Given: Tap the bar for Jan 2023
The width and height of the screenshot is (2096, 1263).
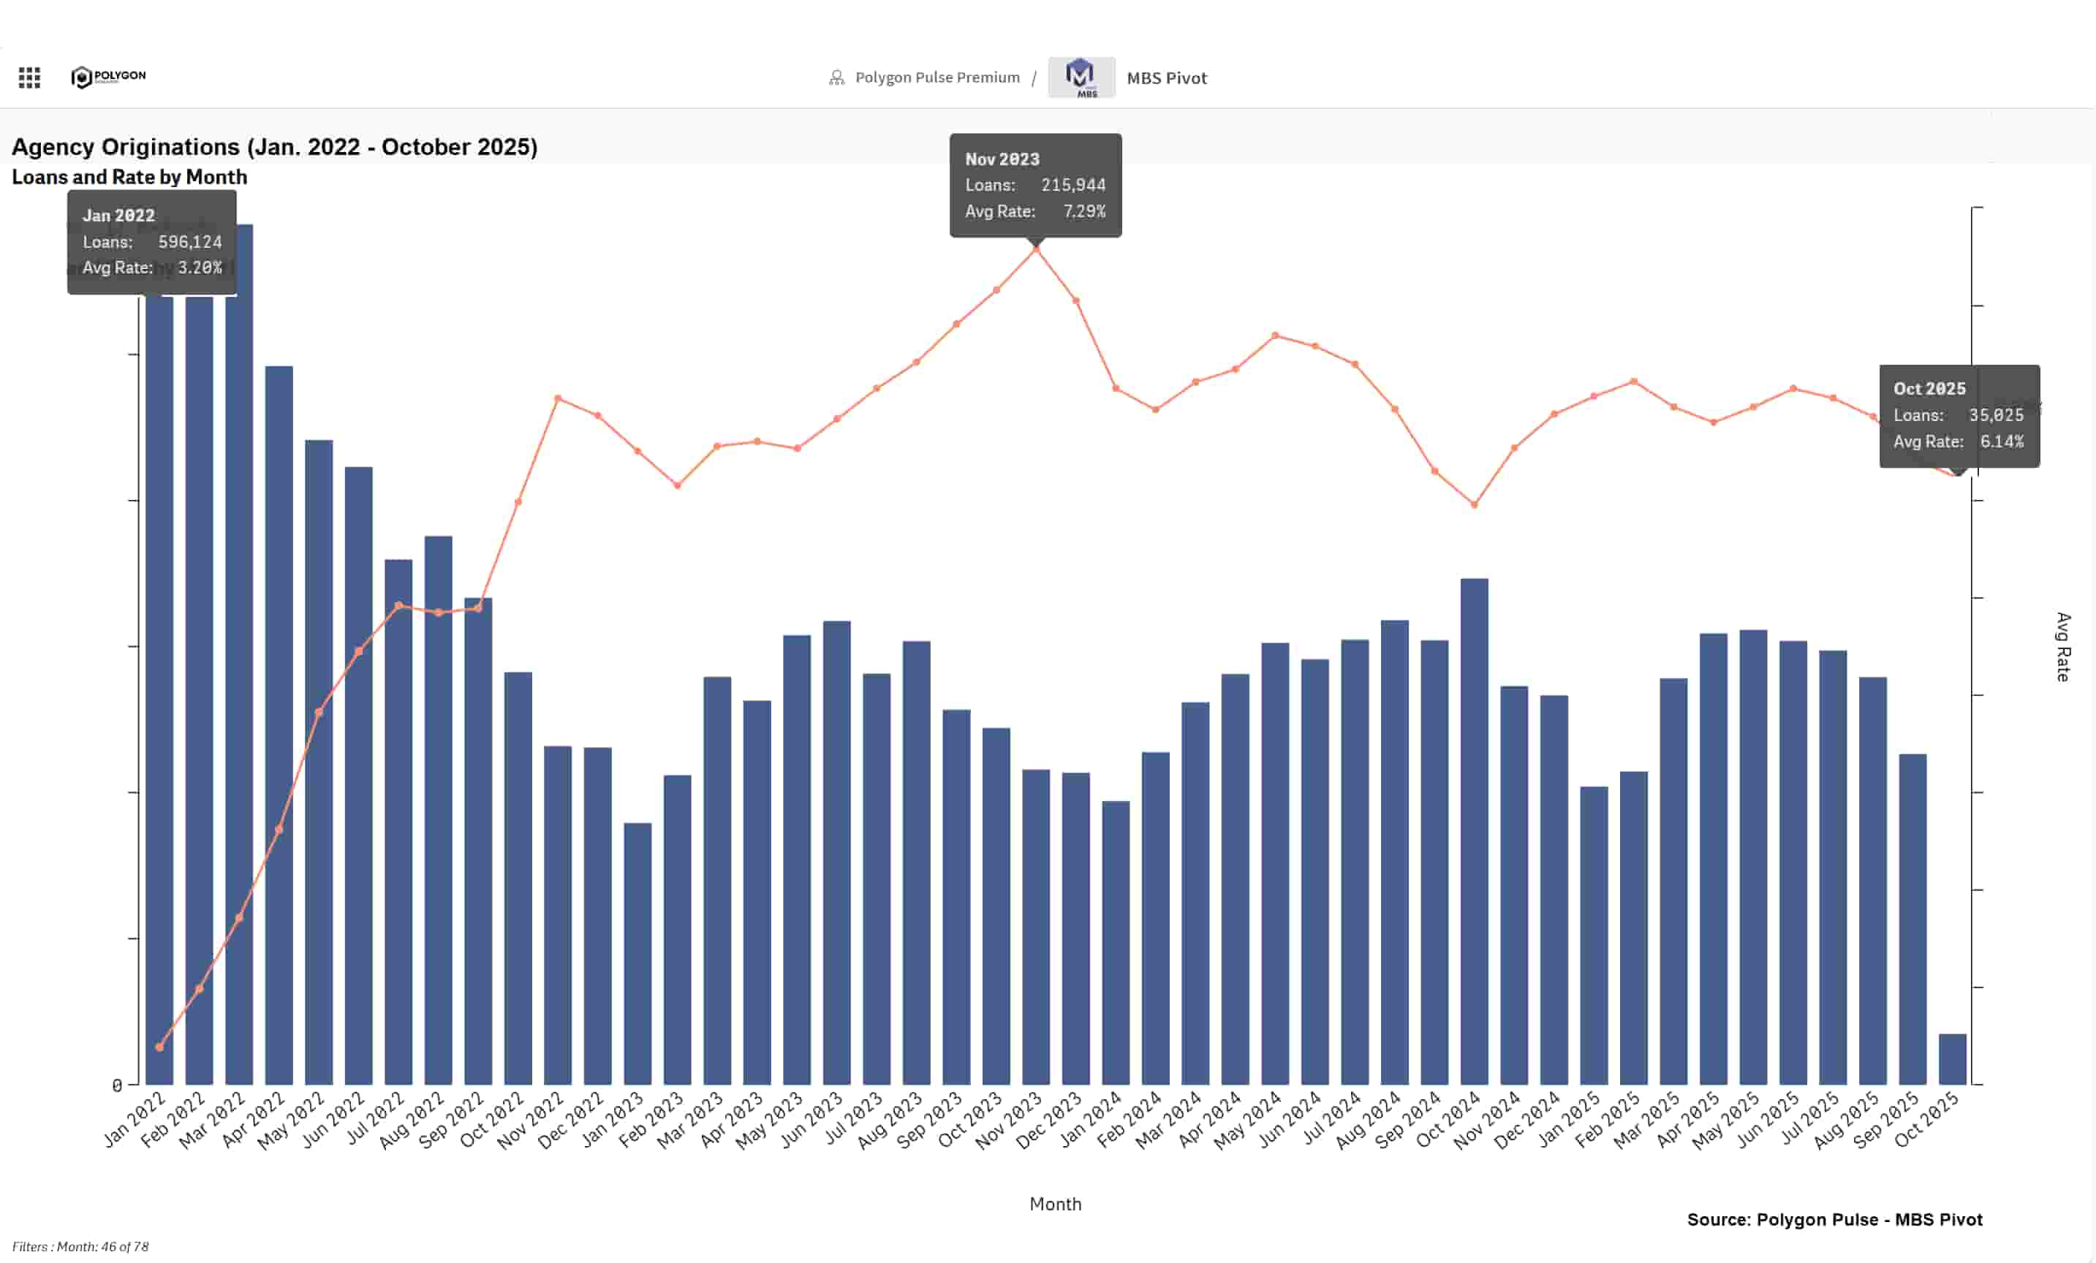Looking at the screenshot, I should (x=637, y=952).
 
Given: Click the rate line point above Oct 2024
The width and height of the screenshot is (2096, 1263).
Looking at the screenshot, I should (x=1474, y=504).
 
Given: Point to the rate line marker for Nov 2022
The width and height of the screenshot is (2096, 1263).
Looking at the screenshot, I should (x=558, y=398).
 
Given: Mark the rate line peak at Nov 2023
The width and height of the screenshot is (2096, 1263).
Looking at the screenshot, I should (x=1036, y=249).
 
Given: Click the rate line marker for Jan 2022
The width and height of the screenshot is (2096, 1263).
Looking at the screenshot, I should (x=159, y=1047).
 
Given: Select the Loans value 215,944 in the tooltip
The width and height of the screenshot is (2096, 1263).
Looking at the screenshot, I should (x=1072, y=186).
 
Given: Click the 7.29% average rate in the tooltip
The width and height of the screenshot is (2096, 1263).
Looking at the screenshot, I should (x=1083, y=211).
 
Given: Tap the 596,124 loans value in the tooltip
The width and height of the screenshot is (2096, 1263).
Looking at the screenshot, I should (x=189, y=241).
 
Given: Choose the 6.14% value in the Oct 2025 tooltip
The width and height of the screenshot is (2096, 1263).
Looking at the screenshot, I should (x=2001, y=441).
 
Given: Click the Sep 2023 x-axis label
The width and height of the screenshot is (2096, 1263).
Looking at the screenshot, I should (x=931, y=1121).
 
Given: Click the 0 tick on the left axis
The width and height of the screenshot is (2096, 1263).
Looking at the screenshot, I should (x=118, y=1085).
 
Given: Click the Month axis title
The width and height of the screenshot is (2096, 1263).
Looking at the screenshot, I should (x=1055, y=1204).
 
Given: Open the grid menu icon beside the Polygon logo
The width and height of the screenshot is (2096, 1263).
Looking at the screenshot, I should (x=30, y=78).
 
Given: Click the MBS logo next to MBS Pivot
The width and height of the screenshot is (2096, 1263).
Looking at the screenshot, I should (x=1081, y=77).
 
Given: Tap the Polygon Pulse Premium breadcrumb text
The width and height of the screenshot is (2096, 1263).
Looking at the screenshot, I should (x=937, y=77).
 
